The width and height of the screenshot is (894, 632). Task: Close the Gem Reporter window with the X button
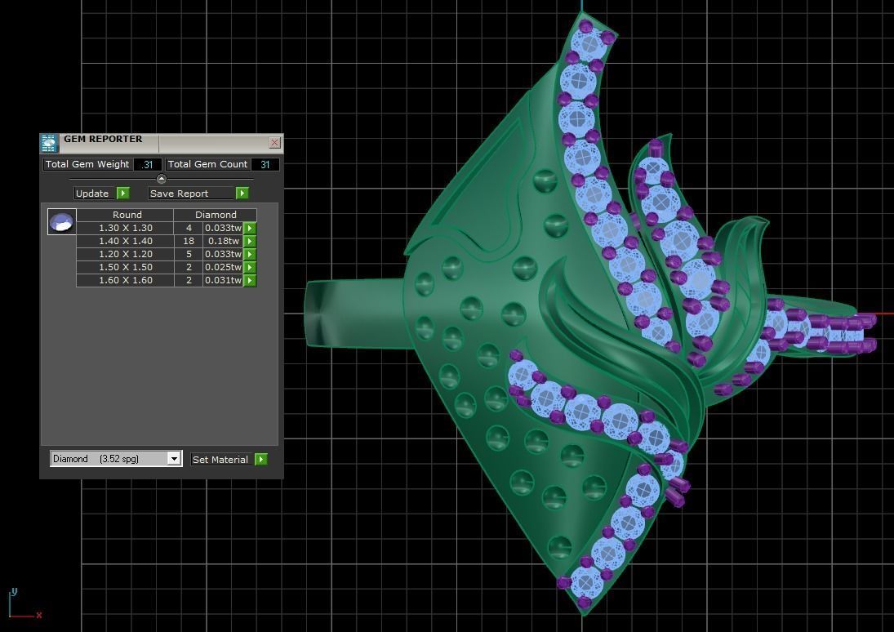click(274, 143)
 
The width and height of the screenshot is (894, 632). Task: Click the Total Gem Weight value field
click(148, 164)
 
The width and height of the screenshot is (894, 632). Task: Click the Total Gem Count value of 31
click(265, 164)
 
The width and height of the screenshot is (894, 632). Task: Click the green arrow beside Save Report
click(242, 194)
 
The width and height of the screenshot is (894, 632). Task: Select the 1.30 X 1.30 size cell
click(126, 228)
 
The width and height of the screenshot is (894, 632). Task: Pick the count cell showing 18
click(189, 241)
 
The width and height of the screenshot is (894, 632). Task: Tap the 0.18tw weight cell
click(222, 241)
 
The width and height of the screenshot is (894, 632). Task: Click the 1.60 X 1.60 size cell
click(126, 280)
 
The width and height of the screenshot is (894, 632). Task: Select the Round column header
click(127, 215)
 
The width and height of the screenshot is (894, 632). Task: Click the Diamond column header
click(216, 215)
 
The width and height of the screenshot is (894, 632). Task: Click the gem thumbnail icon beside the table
click(61, 221)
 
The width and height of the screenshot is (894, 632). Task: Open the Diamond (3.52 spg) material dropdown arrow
click(174, 459)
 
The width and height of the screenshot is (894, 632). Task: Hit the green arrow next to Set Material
click(260, 460)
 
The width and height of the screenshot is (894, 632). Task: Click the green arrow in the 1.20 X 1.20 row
click(250, 254)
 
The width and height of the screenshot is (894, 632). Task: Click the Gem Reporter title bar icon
click(49, 144)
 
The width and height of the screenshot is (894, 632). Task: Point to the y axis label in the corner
click(14, 592)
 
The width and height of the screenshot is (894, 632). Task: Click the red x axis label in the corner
click(38, 615)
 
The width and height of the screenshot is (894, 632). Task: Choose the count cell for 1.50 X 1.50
click(189, 267)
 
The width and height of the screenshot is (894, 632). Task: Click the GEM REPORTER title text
click(103, 140)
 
